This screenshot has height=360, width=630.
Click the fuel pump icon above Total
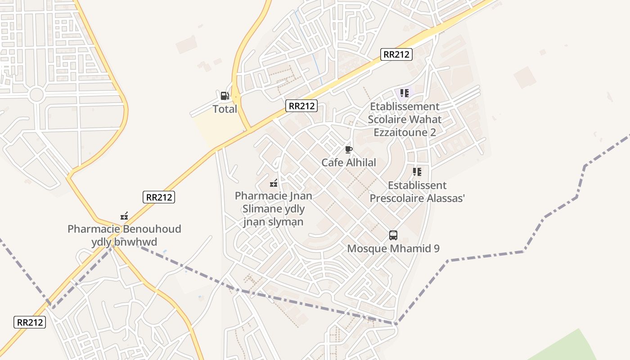coord(225,95)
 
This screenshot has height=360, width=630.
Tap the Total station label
coord(225,109)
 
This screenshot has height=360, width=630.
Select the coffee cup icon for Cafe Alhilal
coord(348,149)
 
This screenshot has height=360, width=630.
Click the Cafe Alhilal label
coord(348,162)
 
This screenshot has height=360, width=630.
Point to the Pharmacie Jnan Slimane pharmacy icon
coord(273,183)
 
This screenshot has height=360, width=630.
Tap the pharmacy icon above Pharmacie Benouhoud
coord(124,216)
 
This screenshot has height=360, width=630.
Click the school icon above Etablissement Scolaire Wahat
coord(404,93)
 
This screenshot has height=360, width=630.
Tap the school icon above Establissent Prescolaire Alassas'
coord(417,172)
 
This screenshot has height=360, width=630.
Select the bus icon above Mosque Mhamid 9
coord(393,235)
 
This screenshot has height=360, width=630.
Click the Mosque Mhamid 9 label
coord(393,248)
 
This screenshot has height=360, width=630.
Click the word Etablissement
coord(405,107)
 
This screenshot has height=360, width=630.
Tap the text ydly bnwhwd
coord(124,242)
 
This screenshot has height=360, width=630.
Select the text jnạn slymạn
coord(273,222)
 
